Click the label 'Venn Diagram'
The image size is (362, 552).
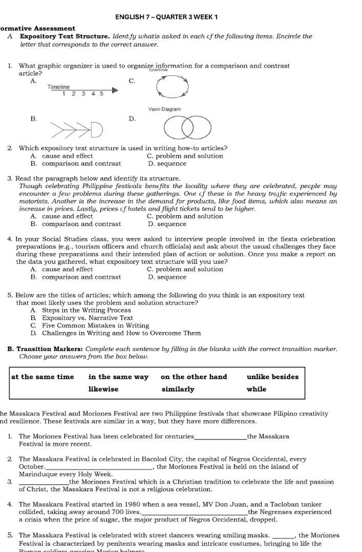coord(164,109)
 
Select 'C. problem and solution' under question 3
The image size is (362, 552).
coord(185,216)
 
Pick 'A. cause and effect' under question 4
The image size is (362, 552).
coord(61,269)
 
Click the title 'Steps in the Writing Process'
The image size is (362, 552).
coord(87,310)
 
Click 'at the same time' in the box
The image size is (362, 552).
coord(42,377)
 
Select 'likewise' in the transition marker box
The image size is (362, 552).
coord(103,389)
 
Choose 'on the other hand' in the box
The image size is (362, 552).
coord(194,377)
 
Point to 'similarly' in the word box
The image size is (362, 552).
coord(178,389)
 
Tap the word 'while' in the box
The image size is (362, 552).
coord(256,389)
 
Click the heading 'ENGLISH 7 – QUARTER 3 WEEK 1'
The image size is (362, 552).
coord(167,17)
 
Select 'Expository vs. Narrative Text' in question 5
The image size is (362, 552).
coord(87,318)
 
